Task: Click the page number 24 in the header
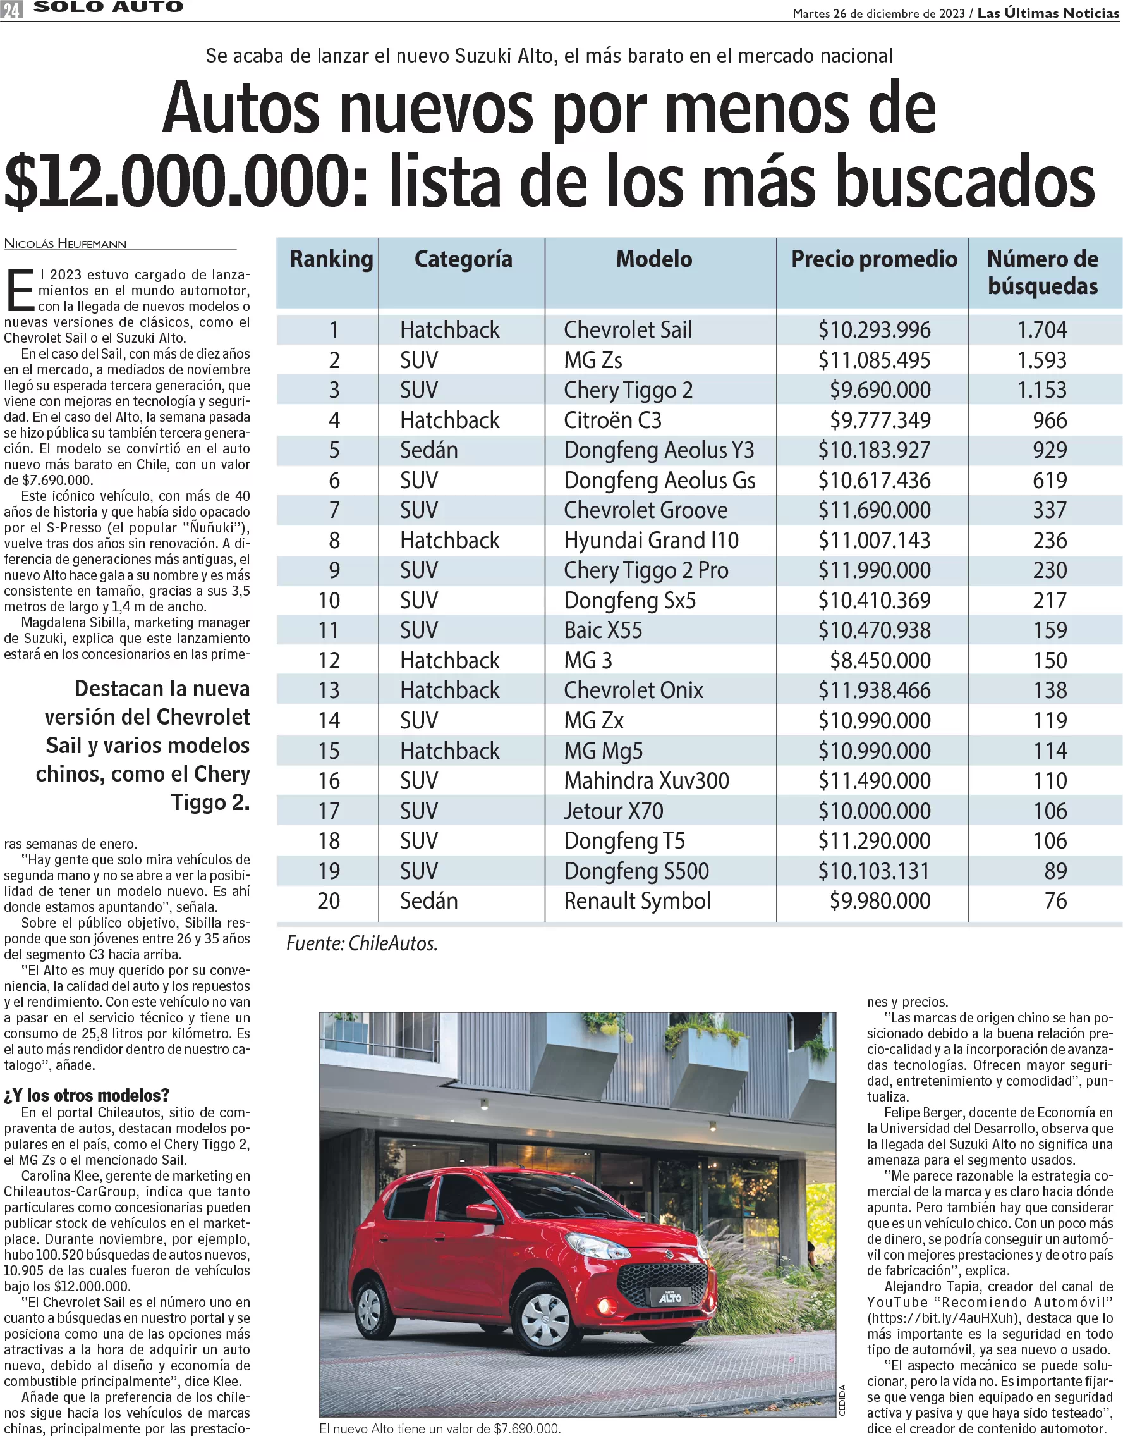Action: (x=12, y=9)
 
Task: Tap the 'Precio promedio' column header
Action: (x=874, y=259)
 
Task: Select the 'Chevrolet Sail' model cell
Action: (x=628, y=329)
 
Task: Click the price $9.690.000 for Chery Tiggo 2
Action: (x=880, y=390)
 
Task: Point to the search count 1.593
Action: (x=1042, y=360)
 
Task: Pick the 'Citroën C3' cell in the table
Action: (x=612, y=420)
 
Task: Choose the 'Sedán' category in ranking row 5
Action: (x=428, y=451)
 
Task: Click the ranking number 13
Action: (x=329, y=690)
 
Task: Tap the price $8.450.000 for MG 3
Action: (x=880, y=660)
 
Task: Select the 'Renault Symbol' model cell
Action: (x=637, y=900)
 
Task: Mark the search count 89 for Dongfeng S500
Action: (x=1055, y=871)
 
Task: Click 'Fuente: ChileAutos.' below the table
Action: (x=361, y=944)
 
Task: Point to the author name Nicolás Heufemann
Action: (x=65, y=244)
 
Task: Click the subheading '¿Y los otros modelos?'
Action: (x=86, y=1095)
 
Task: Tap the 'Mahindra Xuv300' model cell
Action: (x=646, y=781)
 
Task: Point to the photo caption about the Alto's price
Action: (x=439, y=1429)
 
